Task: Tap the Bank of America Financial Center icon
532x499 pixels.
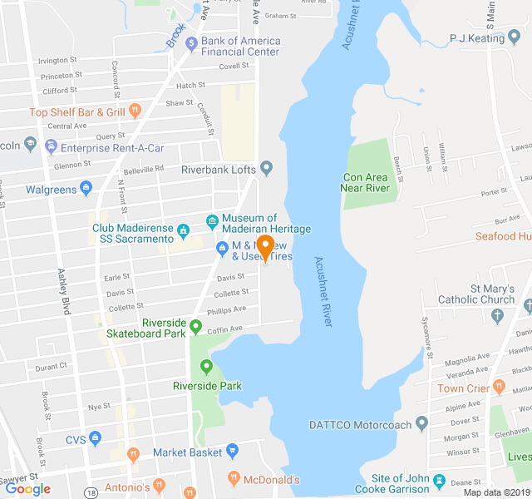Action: [x=191, y=42]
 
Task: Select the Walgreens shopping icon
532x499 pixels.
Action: [x=86, y=189]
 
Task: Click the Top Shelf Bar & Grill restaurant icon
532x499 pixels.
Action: [x=135, y=111]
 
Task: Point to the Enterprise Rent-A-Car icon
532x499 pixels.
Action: [x=52, y=147]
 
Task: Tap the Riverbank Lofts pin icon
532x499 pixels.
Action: [x=266, y=169]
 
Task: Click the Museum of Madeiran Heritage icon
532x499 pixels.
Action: [x=212, y=221]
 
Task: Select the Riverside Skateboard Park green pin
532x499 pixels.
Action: [x=196, y=326]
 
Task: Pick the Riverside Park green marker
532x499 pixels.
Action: [x=205, y=366]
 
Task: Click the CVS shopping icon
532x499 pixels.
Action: [x=96, y=438]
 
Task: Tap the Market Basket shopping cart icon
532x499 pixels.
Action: [x=232, y=452]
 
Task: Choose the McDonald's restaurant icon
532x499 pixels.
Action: [x=234, y=479]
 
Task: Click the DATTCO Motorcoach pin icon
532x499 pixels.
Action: [x=421, y=424]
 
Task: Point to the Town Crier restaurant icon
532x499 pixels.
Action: [x=499, y=387]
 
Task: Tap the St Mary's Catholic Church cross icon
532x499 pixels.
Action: [x=498, y=315]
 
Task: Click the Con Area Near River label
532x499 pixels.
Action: [x=367, y=182]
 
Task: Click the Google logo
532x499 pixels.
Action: [x=27, y=489]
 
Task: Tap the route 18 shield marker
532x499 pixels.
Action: [x=89, y=493]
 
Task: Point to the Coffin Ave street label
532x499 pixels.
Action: [x=224, y=328]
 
